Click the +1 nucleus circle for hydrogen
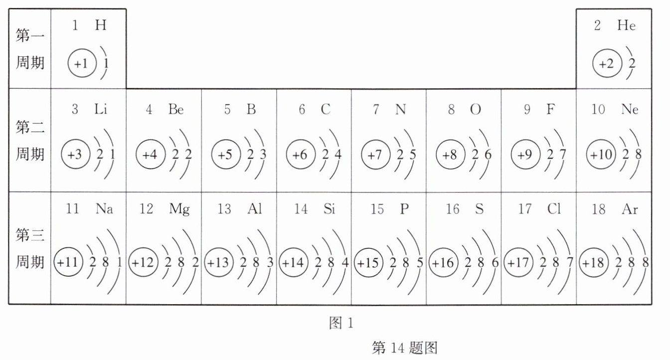point(81,64)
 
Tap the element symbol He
point(627,26)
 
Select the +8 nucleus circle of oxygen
point(451,155)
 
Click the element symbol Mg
point(179,209)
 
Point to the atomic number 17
point(525,209)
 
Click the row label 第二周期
point(30,141)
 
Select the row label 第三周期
point(30,248)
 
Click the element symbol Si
point(330,209)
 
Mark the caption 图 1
point(341,324)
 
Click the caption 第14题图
point(404,348)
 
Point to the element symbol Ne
point(630,110)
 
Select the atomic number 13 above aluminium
point(224,209)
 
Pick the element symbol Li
point(101,110)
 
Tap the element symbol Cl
point(554,209)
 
